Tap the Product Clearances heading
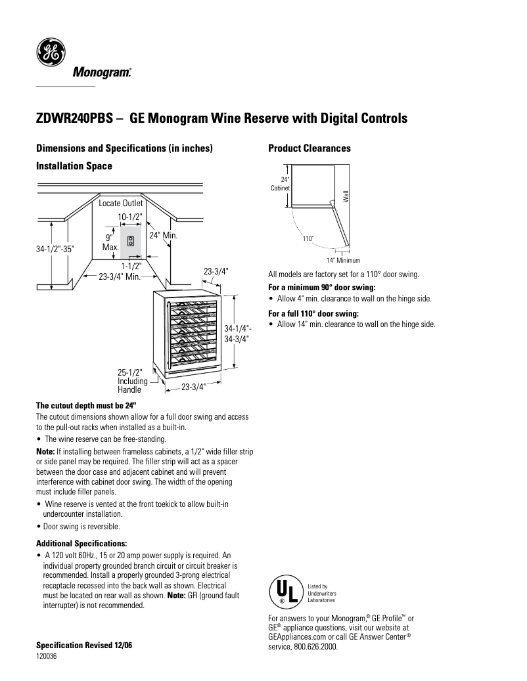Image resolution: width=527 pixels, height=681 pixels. pyautogui.click(x=309, y=148)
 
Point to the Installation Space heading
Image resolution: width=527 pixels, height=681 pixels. pyautogui.click(x=74, y=166)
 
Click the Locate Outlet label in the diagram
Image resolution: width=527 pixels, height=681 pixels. pyautogui.click(x=121, y=204)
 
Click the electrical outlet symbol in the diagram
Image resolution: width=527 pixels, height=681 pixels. pyautogui.click(x=131, y=241)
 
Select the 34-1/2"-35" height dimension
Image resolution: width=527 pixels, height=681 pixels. pyautogui.click(x=55, y=250)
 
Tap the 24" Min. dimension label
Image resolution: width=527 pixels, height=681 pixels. pyautogui.click(x=164, y=235)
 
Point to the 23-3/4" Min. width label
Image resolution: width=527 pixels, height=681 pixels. pyautogui.click(x=121, y=277)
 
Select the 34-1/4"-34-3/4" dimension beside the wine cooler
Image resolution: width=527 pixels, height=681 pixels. pyautogui.click(x=237, y=334)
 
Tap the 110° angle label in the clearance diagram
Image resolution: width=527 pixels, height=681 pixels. pyautogui.click(x=308, y=238)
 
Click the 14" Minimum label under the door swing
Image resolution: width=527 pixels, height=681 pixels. pyautogui.click(x=343, y=260)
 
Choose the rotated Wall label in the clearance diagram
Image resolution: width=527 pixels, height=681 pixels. pyautogui.click(x=345, y=195)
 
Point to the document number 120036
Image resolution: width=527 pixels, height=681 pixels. pyautogui.click(x=46, y=656)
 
